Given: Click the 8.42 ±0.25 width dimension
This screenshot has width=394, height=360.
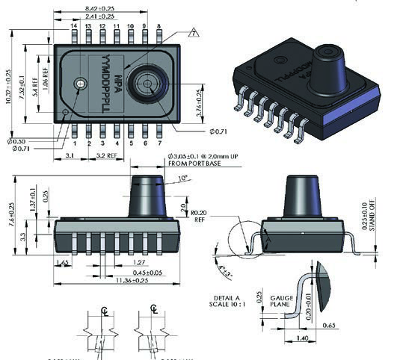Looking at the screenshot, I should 117,7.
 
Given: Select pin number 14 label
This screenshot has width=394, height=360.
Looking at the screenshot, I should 74,27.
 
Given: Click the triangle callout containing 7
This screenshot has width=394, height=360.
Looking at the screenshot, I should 194,32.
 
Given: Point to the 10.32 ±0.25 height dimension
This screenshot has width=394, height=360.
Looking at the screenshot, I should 10,78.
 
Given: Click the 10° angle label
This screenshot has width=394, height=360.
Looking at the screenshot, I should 183,178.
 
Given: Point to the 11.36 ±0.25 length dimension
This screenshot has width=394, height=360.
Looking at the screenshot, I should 119,282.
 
